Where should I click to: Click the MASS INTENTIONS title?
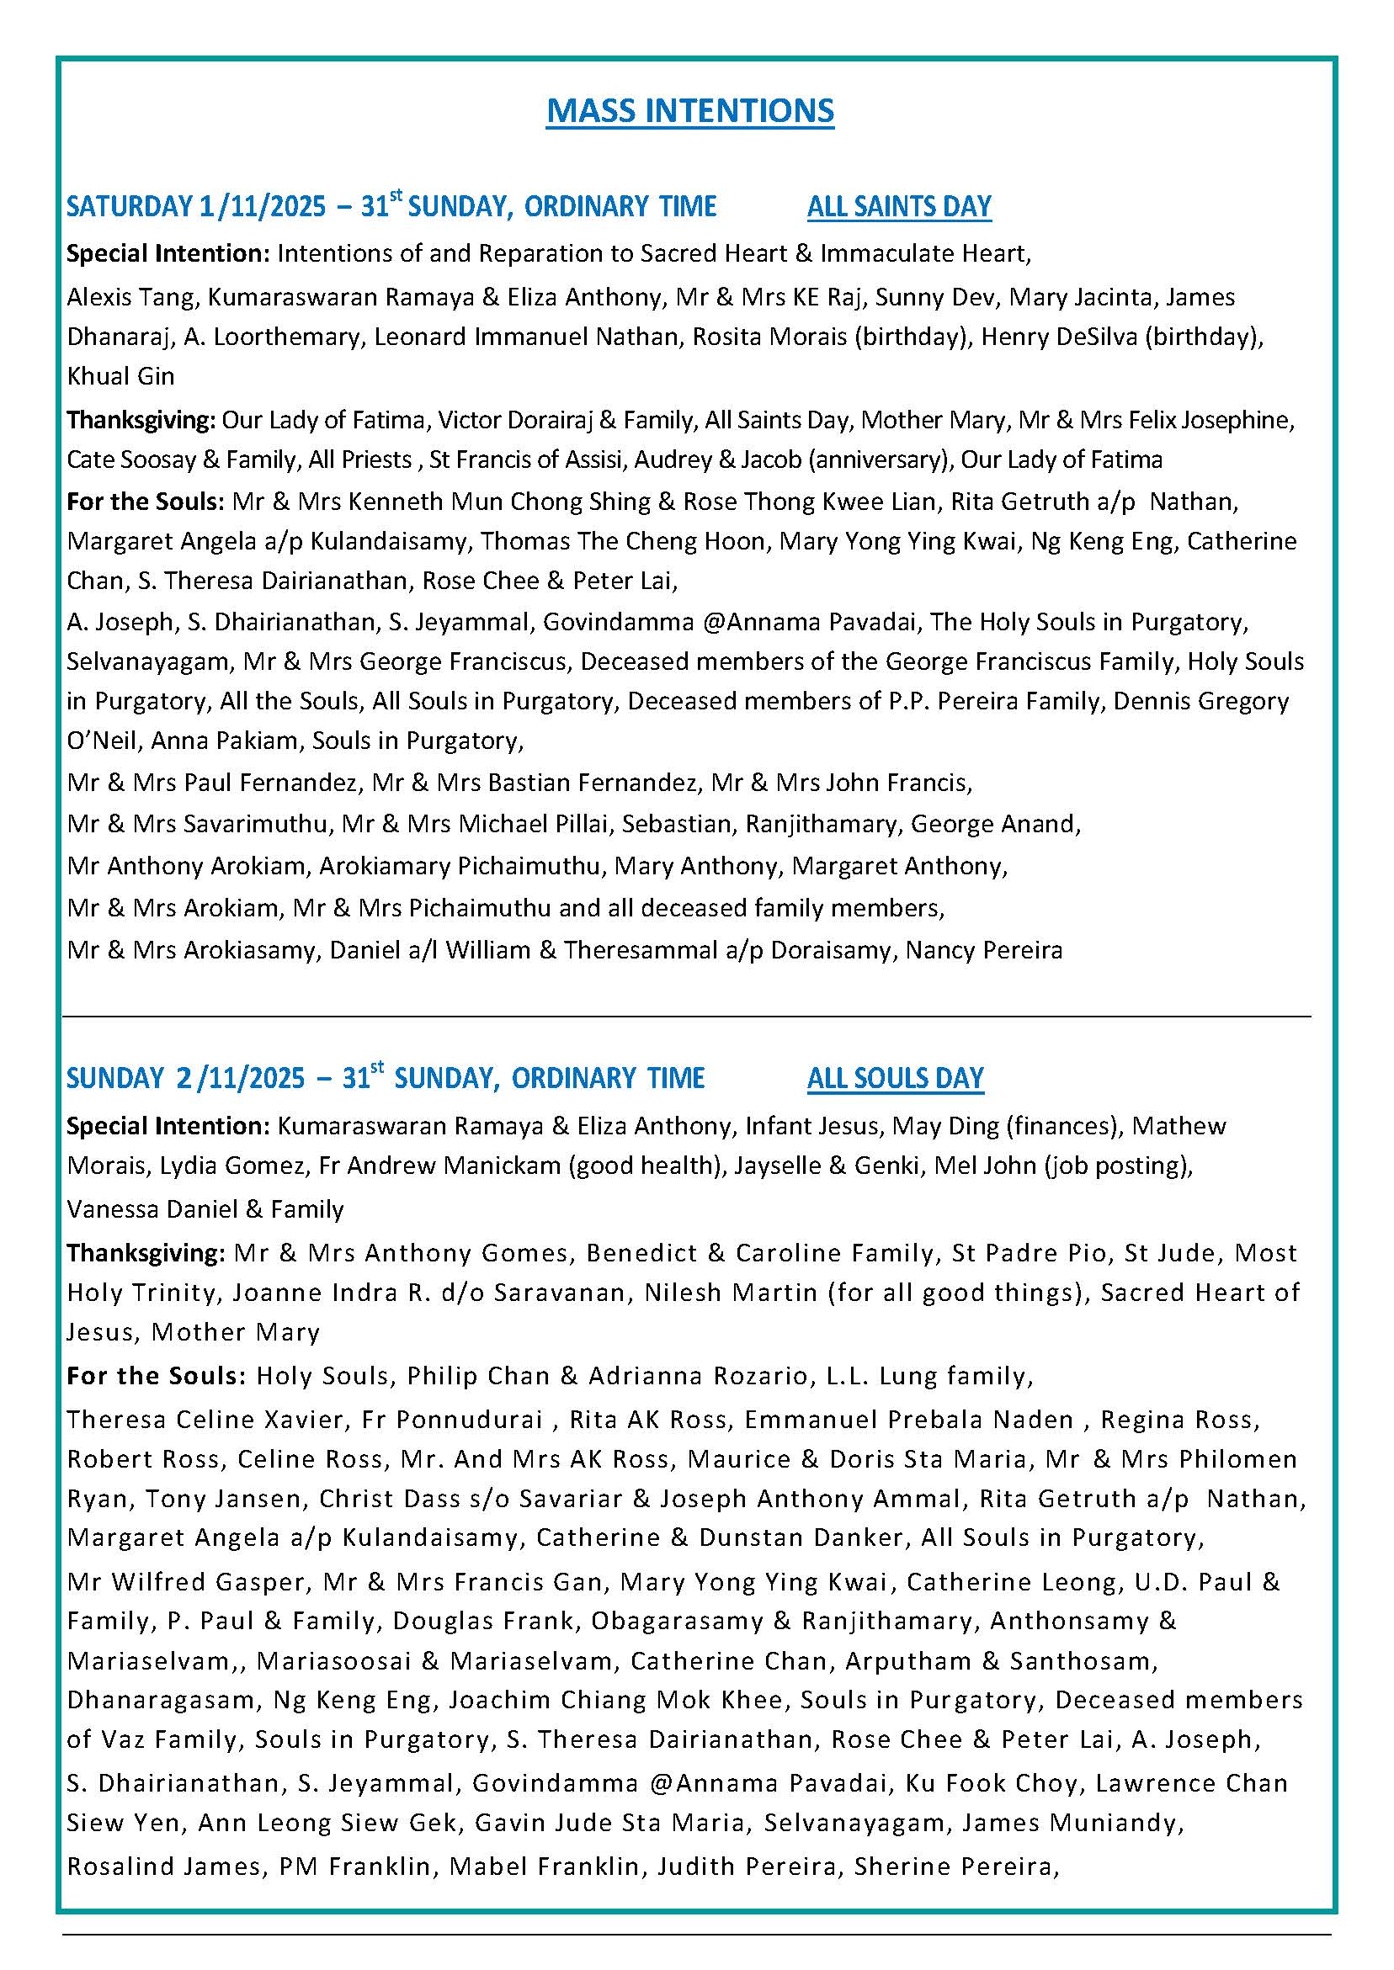point(690,112)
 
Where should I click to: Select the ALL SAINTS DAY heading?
point(899,207)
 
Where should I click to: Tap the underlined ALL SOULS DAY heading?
point(895,1079)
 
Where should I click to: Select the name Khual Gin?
point(120,377)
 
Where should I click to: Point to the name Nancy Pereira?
point(984,951)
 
